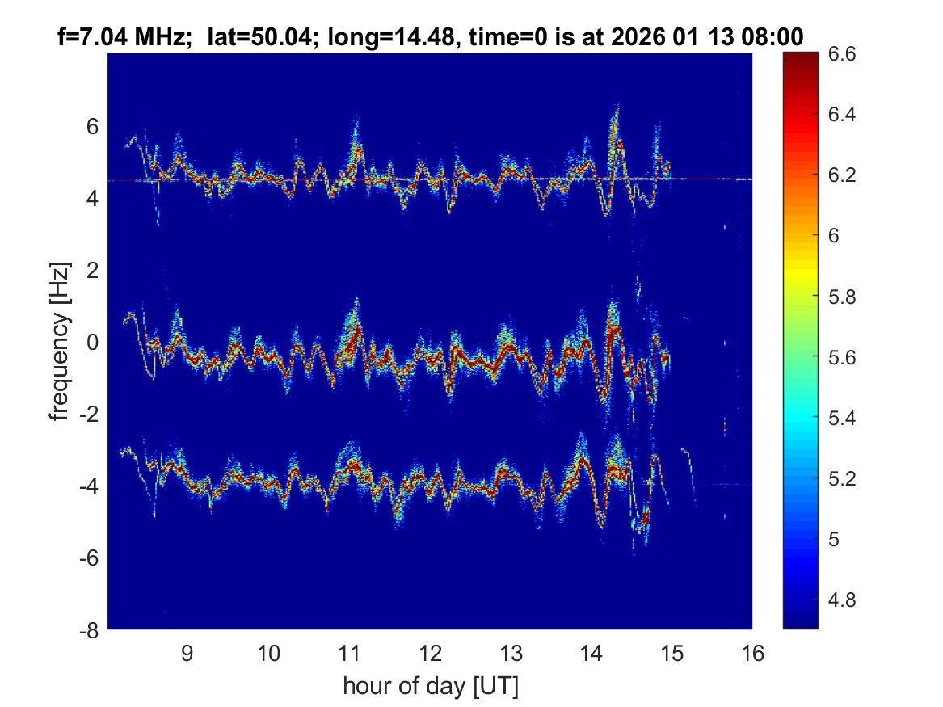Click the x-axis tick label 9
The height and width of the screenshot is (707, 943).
pos(187,653)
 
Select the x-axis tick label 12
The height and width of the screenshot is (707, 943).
pos(429,653)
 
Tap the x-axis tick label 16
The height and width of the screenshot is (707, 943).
pos(751,653)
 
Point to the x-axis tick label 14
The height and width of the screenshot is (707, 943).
pos(591,653)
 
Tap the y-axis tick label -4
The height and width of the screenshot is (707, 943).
pos(91,486)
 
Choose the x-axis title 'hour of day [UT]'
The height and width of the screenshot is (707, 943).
pos(430,687)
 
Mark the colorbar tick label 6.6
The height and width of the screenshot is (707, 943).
pos(842,54)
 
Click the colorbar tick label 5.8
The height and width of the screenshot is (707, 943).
pos(842,297)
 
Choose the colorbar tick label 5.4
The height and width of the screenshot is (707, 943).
pos(842,418)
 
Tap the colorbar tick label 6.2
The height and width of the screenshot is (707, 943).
pos(842,175)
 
